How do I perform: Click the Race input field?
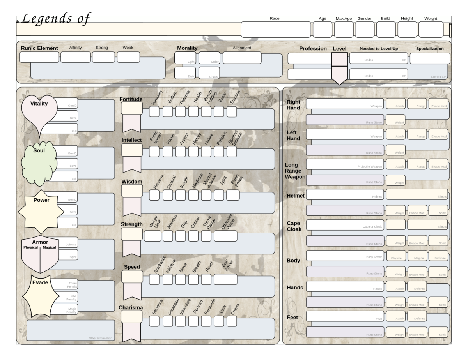pos(276,30)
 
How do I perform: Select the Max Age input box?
pos(344,30)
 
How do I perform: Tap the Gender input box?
pos(365,30)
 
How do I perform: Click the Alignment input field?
pos(242,58)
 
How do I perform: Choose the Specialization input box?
pos(430,58)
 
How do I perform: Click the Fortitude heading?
pos(131,99)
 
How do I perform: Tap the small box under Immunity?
pos(154,112)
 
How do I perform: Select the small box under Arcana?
pos(181,152)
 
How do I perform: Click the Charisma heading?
pos(131,308)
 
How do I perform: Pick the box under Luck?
pos(219,321)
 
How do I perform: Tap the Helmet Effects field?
pos(417,194)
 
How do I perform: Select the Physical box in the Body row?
pos(396,256)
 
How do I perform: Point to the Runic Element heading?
pos(39,48)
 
